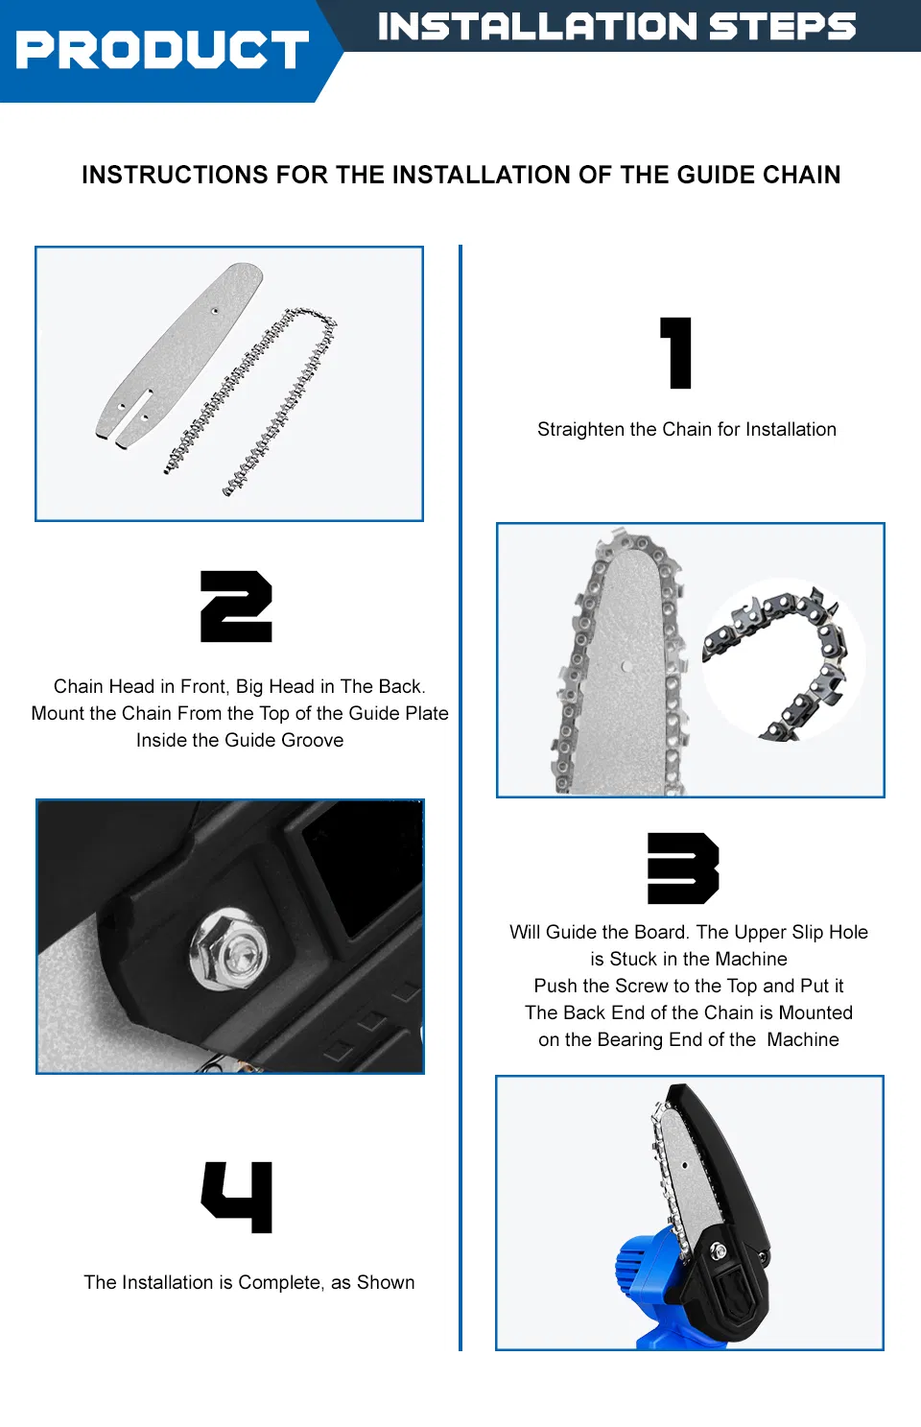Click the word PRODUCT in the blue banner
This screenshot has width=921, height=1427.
click(162, 50)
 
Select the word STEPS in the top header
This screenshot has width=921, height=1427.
click(782, 27)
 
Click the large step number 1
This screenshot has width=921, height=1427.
click(676, 353)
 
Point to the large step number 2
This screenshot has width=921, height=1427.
click(236, 606)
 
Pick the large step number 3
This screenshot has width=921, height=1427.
click(683, 868)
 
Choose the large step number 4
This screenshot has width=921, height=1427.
click(237, 1197)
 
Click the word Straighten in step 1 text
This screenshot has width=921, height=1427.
click(580, 430)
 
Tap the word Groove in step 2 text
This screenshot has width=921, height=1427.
click(312, 740)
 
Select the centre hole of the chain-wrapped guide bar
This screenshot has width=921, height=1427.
click(626, 666)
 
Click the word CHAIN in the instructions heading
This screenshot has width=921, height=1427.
click(801, 175)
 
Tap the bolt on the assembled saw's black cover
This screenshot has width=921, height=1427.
click(718, 1249)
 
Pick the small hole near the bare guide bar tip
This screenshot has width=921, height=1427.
click(215, 311)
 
